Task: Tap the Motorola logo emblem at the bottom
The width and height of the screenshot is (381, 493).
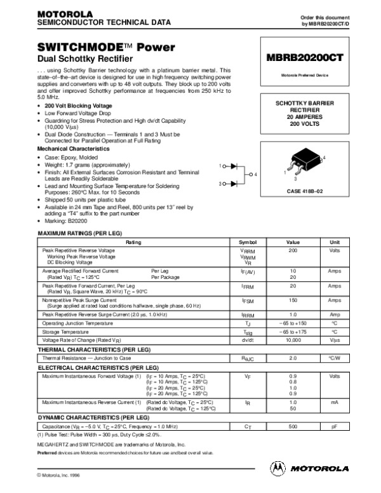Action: click(278, 468)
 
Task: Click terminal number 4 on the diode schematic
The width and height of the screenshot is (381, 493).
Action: click(256, 173)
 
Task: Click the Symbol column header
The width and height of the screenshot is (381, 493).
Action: click(247, 243)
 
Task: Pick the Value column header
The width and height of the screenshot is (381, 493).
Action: click(293, 243)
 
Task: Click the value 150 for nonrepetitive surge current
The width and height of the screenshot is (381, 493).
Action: click(293, 299)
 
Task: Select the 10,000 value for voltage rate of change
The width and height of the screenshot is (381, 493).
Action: click(293, 341)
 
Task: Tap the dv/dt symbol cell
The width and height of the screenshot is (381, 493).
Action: click(247, 341)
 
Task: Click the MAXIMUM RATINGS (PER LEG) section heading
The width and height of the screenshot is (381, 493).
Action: click(79, 234)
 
